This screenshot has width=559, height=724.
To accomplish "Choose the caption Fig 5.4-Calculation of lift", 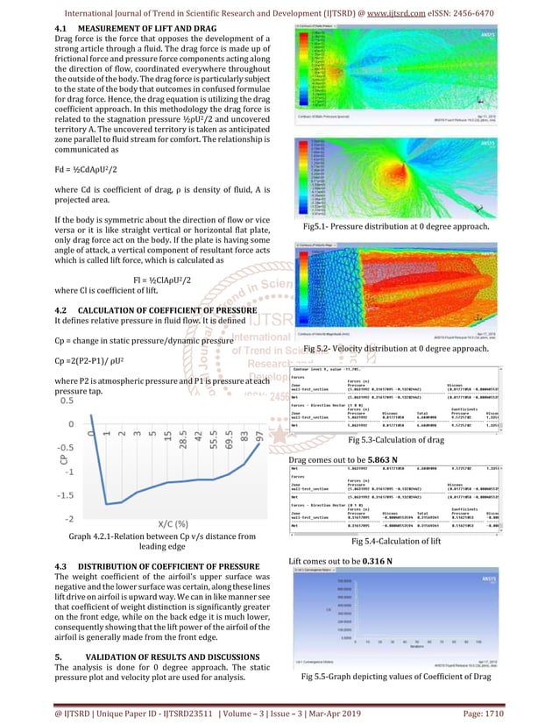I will coord(393,542).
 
